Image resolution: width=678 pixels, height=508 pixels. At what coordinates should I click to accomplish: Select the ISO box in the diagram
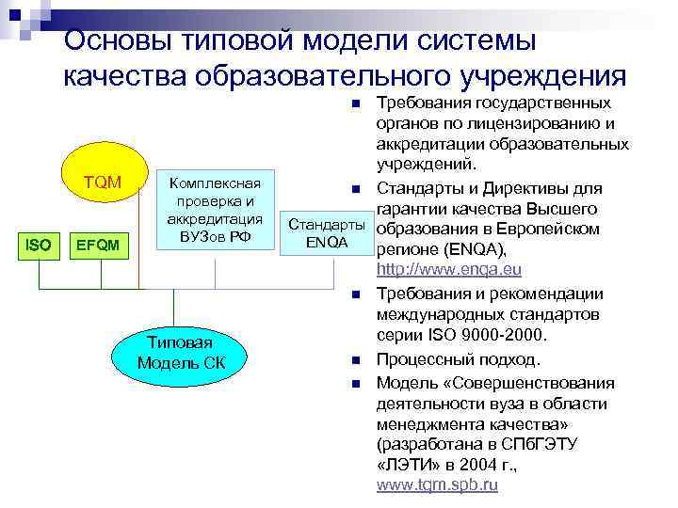pos(39,246)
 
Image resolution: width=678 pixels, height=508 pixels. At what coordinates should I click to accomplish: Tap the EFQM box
pos(98,246)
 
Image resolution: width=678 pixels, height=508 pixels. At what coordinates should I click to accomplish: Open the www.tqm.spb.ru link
pos(437,484)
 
